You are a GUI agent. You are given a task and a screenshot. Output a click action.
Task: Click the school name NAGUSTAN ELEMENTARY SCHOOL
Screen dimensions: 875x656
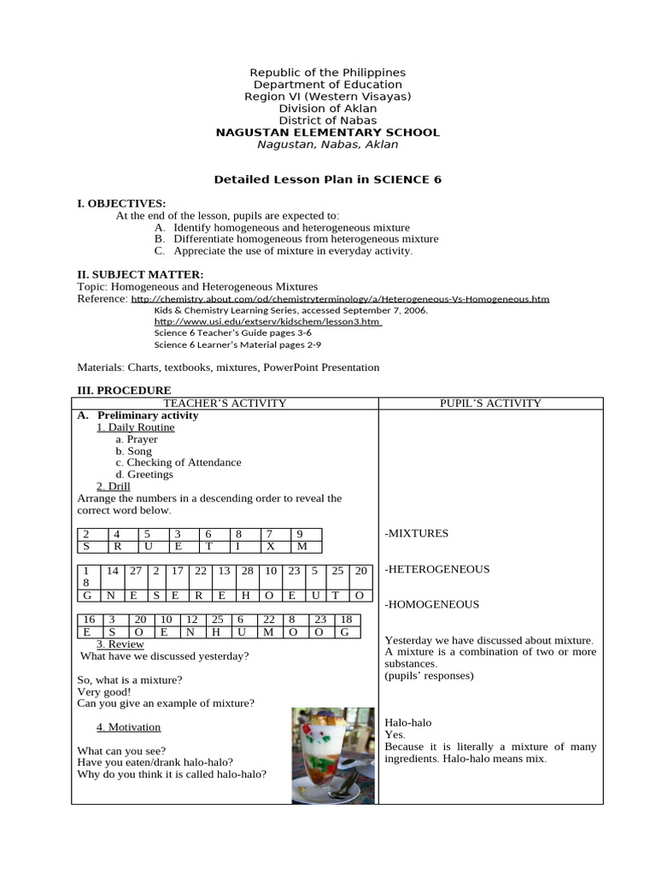327,132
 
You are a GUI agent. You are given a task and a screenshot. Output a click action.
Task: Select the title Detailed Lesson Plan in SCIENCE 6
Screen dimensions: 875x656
327,179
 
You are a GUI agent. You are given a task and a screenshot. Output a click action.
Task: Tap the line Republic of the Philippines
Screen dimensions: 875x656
327,73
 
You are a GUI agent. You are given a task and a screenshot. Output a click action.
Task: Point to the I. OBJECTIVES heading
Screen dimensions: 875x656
121,203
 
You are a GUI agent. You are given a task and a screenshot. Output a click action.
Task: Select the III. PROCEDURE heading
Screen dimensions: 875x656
124,391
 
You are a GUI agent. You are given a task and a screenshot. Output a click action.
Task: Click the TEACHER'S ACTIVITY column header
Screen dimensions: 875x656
225,403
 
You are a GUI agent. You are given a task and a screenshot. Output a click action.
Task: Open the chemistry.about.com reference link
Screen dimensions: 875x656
340,299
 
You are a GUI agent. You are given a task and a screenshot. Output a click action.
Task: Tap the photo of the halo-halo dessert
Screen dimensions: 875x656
332,755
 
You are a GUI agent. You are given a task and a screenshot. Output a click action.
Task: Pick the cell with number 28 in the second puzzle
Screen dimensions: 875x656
247,570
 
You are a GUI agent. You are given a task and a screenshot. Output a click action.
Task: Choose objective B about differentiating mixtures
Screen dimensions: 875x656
296,239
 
